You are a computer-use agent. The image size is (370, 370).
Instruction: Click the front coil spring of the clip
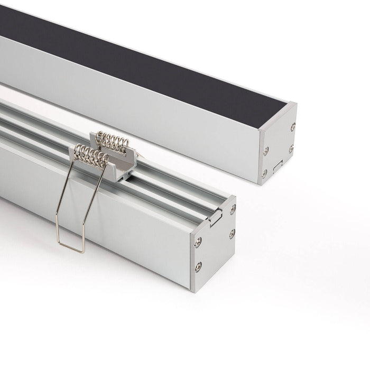[91, 155]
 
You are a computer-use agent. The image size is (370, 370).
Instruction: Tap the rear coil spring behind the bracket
[112, 142]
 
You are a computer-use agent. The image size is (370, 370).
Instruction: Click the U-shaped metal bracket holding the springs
[126, 159]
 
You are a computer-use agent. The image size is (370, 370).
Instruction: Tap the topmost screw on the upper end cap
[292, 127]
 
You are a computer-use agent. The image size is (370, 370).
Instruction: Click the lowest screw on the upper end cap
[264, 173]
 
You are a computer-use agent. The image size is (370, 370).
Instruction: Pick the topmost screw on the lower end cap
[233, 209]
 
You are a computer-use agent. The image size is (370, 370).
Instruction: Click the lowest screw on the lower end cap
[198, 267]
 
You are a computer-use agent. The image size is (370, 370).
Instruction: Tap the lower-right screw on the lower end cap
[232, 233]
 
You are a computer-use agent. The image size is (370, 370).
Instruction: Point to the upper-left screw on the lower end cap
[198, 242]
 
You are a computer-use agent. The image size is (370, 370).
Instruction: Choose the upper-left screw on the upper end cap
[265, 151]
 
